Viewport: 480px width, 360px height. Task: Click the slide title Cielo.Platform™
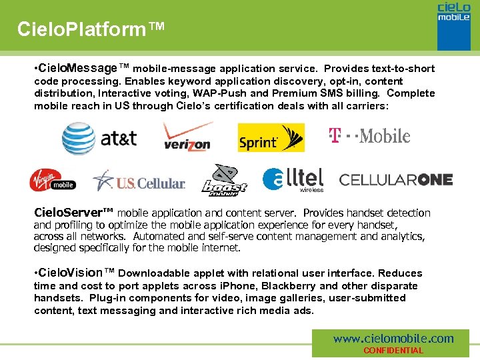click(91, 29)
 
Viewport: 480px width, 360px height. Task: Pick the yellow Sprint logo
click(271, 138)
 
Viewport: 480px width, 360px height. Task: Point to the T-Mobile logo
click(369, 136)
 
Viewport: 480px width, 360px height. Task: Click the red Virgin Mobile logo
click(53, 180)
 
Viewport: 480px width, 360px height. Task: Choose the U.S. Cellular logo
click(139, 180)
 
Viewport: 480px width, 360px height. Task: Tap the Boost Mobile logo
click(224, 180)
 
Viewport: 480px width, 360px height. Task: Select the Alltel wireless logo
click(293, 179)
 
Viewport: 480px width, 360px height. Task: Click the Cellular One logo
click(396, 179)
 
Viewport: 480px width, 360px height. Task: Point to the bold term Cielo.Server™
click(74, 213)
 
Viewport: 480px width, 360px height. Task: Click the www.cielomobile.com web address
click(393, 339)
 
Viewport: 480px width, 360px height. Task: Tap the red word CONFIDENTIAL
click(393, 351)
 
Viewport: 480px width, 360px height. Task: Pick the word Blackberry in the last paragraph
click(287, 285)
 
